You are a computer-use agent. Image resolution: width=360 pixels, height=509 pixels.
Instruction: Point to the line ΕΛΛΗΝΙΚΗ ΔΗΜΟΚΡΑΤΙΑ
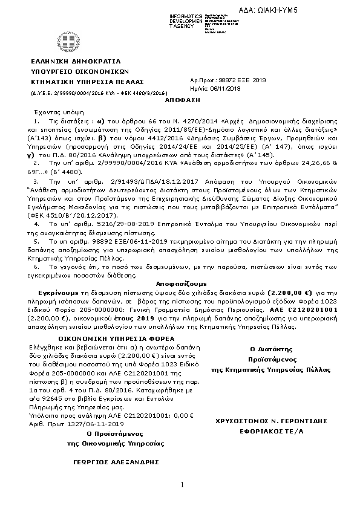click(x=76, y=62)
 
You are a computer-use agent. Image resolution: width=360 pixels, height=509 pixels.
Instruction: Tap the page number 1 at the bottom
click(x=182, y=486)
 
